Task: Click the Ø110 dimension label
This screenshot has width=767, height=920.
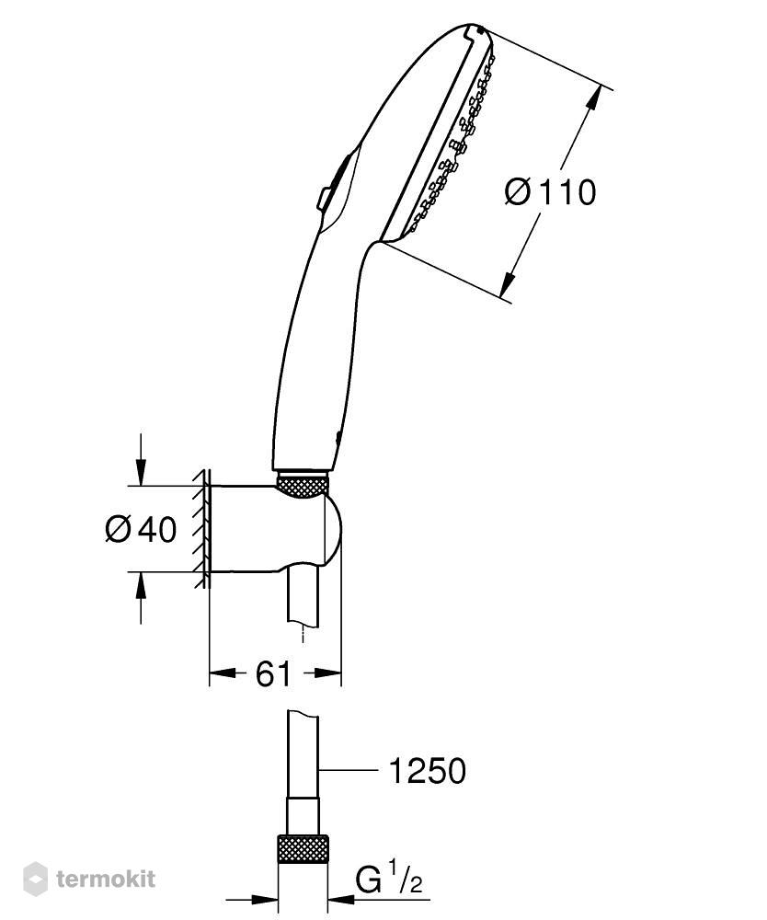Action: point(550,192)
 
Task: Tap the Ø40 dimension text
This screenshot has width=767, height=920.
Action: point(141,530)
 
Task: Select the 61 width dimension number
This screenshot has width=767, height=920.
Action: point(273,673)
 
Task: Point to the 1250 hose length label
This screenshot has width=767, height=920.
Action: point(428,770)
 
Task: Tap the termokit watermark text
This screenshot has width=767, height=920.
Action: point(106,879)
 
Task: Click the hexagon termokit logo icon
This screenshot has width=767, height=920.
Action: point(35,879)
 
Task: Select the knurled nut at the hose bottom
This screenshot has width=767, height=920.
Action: point(303,850)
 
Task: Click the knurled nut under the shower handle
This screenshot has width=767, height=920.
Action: point(302,484)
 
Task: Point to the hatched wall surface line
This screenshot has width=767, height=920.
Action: point(203,528)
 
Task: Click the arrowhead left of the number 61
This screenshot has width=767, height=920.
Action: point(223,673)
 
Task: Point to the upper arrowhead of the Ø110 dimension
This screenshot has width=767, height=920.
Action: point(594,98)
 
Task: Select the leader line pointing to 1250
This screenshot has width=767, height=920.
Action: point(346,769)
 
